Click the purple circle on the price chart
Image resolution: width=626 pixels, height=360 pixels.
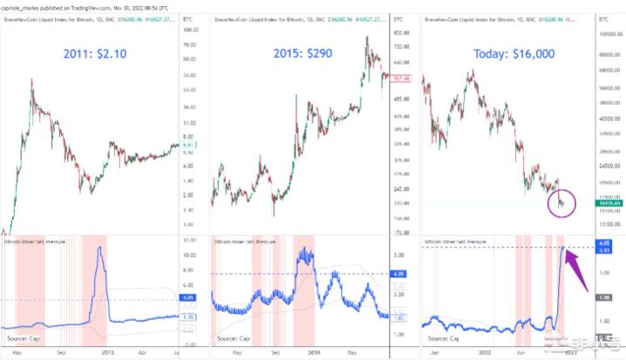pyautogui.click(x=563, y=203)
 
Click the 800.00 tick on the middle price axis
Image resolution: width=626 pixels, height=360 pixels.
pyautogui.click(x=402, y=33)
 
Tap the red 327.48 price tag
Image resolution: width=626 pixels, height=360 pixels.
pyautogui.click(x=402, y=78)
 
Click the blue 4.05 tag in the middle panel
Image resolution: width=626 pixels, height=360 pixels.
pyautogui.click(x=402, y=274)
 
